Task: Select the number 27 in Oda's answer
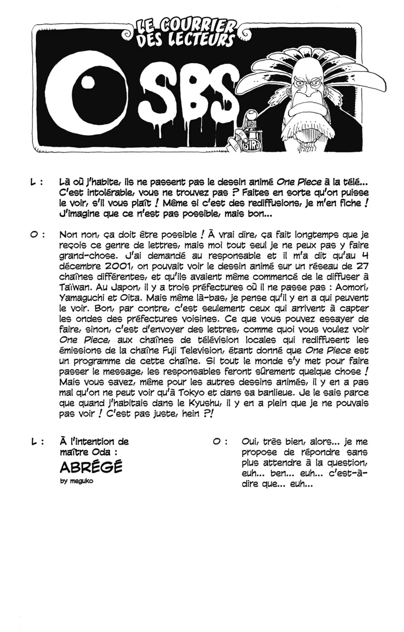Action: (x=362, y=266)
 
